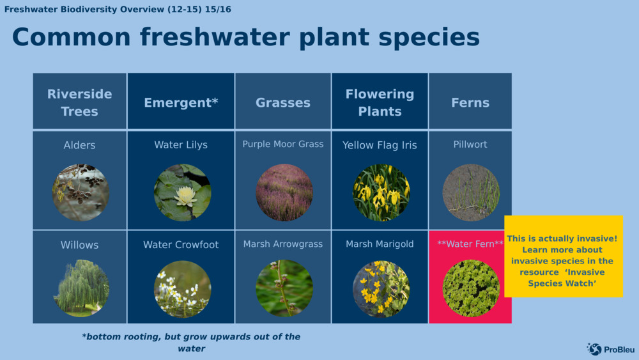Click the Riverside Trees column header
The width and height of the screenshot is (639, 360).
click(x=80, y=102)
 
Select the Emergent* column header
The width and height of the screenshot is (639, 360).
click(x=181, y=102)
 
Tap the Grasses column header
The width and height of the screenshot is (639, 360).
click(x=283, y=102)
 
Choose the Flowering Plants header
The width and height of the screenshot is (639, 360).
click(x=380, y=102)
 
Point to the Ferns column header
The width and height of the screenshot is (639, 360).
click(x=470, y=102)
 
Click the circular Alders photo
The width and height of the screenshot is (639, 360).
click(x=81, y=192)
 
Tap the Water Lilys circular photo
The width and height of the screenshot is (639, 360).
click(x=182, y=192)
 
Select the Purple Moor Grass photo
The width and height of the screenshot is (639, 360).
click(x=284, y=192)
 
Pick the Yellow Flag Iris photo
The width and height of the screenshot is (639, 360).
click(x=381, y=192)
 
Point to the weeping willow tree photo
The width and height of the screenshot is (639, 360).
click(x=81, y=288)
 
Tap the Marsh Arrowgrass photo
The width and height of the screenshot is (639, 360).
click(x=284, y=288)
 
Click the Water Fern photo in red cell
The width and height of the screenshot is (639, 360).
click(x=471, y=288)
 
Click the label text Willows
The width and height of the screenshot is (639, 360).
click(x=80, y=245)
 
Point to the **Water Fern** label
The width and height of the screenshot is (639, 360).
click(x=470, y=244)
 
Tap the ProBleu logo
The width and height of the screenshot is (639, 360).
click(x=611, y=349)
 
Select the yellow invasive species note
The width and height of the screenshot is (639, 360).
click(x=564, y=256)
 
